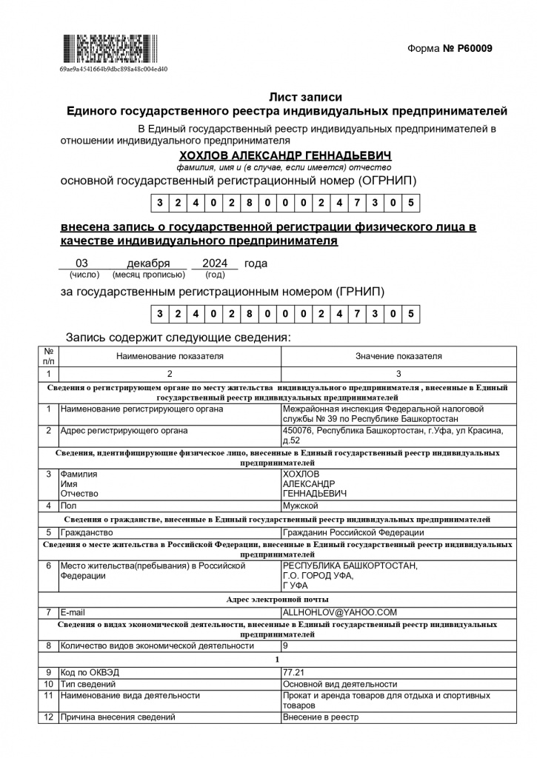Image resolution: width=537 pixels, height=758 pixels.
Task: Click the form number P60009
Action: click(x=468, y=49)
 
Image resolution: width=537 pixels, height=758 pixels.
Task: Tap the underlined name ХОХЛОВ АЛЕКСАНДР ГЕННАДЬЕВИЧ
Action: click(x=285, y=156)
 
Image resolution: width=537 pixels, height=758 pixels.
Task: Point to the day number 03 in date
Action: click(x=82, y=264)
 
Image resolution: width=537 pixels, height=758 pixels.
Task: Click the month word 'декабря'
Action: click(x=148, y=264)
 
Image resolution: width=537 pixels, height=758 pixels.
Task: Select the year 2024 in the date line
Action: click(x=215, y=264)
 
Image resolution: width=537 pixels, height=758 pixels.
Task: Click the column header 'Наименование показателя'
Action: click(x=170, y=356)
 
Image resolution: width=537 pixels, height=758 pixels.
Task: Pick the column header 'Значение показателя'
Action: click(x=398, y=356)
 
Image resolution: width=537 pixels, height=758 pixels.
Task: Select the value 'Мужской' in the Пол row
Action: click(x=301, y=506)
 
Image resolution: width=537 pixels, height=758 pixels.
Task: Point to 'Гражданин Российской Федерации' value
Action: click(x=353, y=532)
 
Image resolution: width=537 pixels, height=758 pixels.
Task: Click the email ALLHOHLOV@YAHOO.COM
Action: click(x=340, y=612)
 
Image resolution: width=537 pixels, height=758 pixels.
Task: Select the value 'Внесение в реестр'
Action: click(x=320, y=717)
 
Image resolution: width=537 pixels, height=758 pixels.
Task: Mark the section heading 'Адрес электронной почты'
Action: click(x=277, y=599)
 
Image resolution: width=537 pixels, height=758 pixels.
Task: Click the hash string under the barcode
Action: click(x=113, y=69)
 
